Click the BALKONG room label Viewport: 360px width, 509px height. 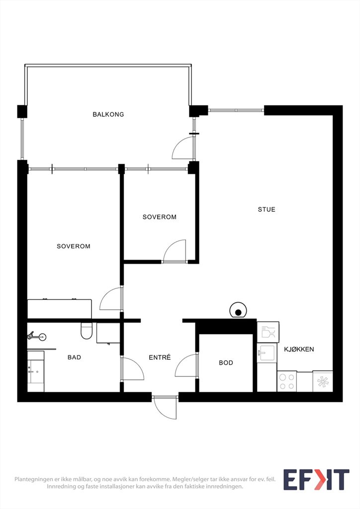click(108, 114)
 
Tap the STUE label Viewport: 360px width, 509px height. click(267, 209)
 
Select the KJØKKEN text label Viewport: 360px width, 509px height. click(299, 349)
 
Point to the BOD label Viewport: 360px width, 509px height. click(226, 362)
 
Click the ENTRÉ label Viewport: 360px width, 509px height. click(160, 357)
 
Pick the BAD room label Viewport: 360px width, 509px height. click(75, 357)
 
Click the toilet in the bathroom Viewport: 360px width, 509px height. click(87, 331)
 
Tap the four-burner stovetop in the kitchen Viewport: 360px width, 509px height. click(287, 381)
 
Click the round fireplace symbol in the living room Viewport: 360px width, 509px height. click(238, 311)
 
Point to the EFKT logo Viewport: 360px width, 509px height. click(316, 480)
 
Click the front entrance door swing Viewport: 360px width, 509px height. click(166, 407)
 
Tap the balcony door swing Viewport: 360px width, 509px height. click(183, 148)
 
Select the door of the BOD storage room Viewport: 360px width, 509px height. click(186, 365)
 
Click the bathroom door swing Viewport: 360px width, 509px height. click(132, 368)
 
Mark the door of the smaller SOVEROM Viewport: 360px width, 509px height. click(175, 251)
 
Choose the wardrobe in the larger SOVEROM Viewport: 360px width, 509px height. click(59, 309)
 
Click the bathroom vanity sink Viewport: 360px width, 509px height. click(35, 371)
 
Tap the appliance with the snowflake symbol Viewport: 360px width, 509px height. click(323, 381)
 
